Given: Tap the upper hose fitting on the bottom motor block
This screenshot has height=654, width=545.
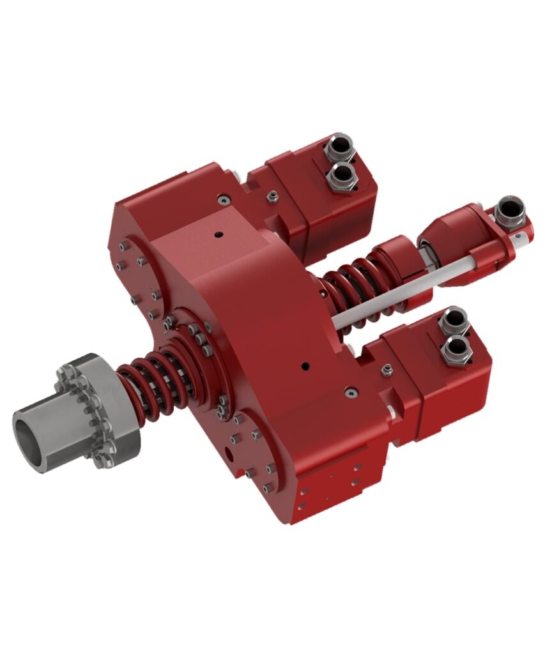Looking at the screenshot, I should point(453,320).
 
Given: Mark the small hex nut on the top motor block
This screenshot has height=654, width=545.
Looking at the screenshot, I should point(272,194).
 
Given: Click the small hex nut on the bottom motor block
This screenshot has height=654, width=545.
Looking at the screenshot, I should point(387,369).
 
